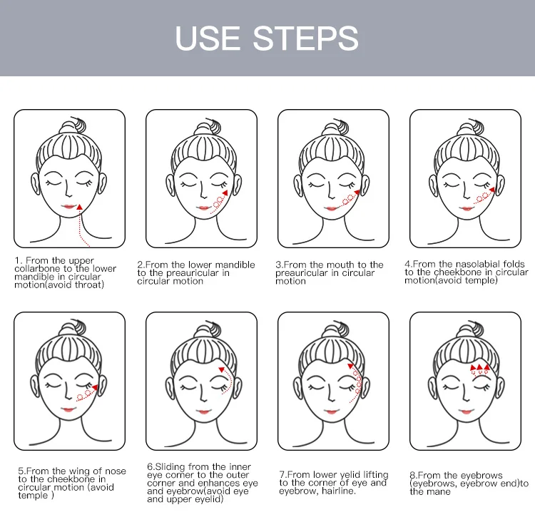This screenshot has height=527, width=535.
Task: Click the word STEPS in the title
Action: click(x=305, y=38)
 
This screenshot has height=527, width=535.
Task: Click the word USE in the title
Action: click(x=207, y=38)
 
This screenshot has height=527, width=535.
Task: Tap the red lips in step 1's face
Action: click(x=68, y=207)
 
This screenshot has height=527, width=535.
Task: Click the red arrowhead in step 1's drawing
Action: click(x=79, y=207)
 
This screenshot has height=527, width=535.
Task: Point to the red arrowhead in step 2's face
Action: click(x=225, y=193)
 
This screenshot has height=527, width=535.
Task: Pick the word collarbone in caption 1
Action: click(x=38, y=269)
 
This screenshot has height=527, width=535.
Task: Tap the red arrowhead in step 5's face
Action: click(x=94, y=387)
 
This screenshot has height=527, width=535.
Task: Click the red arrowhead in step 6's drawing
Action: click(x=221, y=369)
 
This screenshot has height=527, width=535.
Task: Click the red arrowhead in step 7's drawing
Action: click(x=350, y=366)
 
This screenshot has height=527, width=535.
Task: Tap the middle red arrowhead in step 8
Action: click(x=480, y=367)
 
